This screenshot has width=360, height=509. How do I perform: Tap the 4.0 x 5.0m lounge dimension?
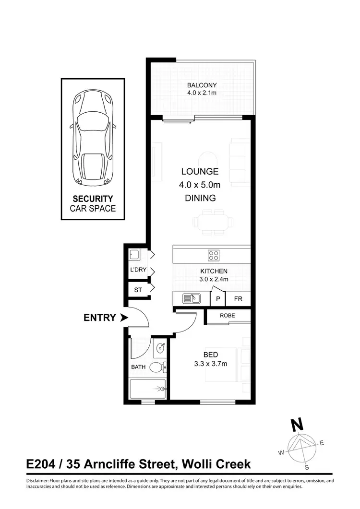coord(200,184)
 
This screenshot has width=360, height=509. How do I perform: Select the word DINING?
coord(200,198)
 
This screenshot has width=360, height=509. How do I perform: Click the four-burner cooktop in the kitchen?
coord(214,254)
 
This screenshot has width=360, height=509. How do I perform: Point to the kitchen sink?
coord(191,299)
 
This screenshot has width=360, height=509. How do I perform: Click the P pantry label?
coord(218,299)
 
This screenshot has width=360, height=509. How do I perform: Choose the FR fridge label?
coord(238,299)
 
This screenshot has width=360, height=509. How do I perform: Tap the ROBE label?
coord(228,316)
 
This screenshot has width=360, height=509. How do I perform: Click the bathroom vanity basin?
coord(160,349)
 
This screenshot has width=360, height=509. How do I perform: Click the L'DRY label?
coord(138,270)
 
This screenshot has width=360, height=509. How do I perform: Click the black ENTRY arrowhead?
coord(124,318)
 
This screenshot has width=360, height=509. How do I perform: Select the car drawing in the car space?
coord(93,139)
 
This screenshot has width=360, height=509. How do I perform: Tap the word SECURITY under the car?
coord(93,199)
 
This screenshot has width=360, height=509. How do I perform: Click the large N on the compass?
coord(298,425)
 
